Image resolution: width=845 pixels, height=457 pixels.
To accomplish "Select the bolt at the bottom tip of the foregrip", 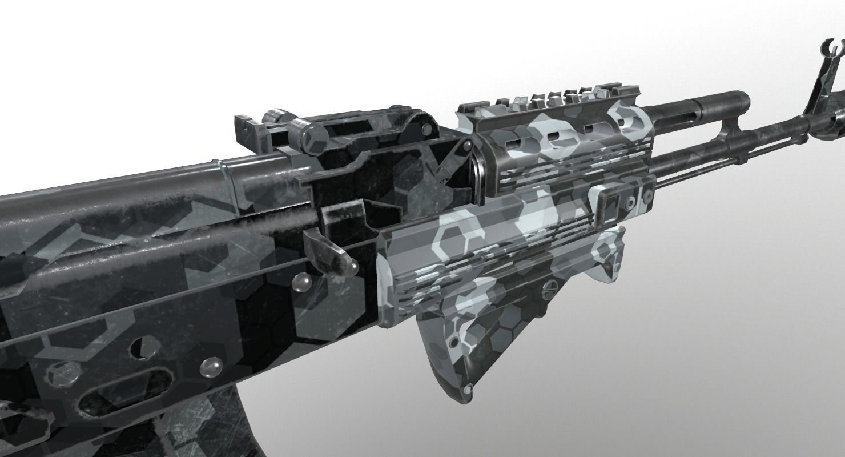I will (468, 390).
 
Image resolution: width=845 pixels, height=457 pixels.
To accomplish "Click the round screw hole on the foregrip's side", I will (453, 342).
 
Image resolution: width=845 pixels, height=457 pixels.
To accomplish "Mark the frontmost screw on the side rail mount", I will (648, 198).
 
